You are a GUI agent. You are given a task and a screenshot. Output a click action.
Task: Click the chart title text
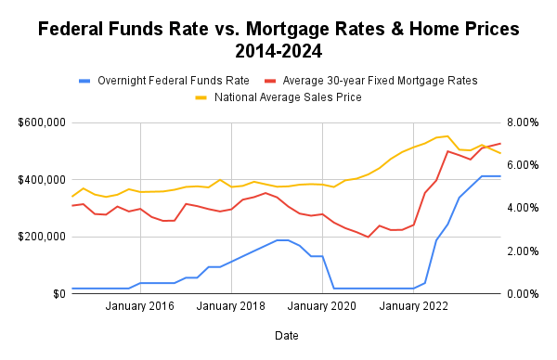pos(278,39)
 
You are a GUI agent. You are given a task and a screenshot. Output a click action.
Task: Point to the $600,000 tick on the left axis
pos(40,122)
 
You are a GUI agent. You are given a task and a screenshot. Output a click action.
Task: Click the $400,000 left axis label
pos(40,179)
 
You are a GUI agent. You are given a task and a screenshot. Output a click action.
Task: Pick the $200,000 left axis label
pos(40,237)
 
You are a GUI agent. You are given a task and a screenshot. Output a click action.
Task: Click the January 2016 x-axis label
pos(139,307)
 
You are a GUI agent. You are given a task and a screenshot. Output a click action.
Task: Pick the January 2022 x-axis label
pos(413,307)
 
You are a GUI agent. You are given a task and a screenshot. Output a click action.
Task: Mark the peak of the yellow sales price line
pos(447,135)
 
